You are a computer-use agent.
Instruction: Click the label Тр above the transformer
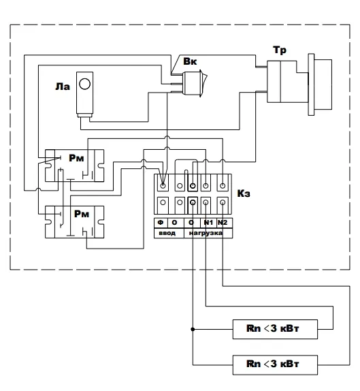click(x=280, y=50)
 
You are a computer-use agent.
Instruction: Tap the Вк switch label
click(x=190, y=61)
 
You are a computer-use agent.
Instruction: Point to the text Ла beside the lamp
click(x=63, y=87)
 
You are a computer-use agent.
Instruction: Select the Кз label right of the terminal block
click(x=244, y=193)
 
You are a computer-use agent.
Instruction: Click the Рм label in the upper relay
click(x=76, y=158)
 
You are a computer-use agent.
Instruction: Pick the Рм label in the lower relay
click(x=82, y=214)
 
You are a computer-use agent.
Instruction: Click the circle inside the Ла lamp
click(x=84, y=84)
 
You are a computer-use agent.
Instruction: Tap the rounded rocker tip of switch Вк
click(x=205, y=78)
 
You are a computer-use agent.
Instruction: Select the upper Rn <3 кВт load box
click(x=275, y=329)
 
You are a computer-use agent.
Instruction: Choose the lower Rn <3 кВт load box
click(x=275, y=365)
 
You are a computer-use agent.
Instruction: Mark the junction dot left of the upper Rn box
click(x=193, y=329)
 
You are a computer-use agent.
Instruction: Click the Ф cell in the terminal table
click(x=161, y=222)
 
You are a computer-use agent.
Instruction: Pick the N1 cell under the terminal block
click(x=208, y=222)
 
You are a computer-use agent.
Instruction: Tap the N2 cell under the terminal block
click(x=223, y=222)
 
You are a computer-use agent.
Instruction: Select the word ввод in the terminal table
click(x=167, y=233)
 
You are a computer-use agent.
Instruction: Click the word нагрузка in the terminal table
click(x=206, y=233)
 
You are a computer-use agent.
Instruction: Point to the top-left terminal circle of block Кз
click(x=163, y=185)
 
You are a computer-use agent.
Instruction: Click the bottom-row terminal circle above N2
click(x=223, y=202)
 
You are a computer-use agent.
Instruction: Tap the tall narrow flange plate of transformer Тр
click(x=311, y=84)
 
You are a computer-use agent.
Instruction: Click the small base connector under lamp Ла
click(x=84, y=115)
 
